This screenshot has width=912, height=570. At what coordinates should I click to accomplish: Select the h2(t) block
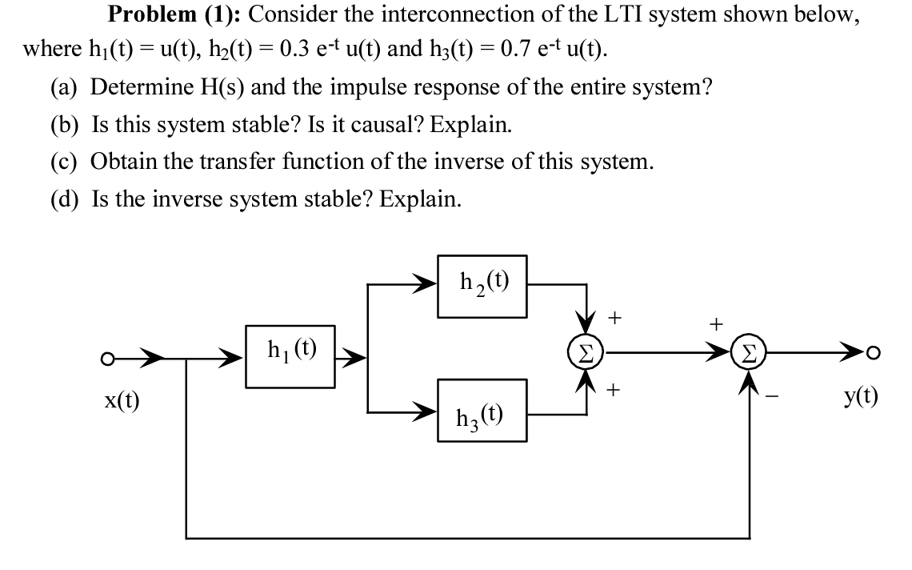pos(482,285)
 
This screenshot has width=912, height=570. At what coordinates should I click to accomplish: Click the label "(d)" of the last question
pos(66,199)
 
